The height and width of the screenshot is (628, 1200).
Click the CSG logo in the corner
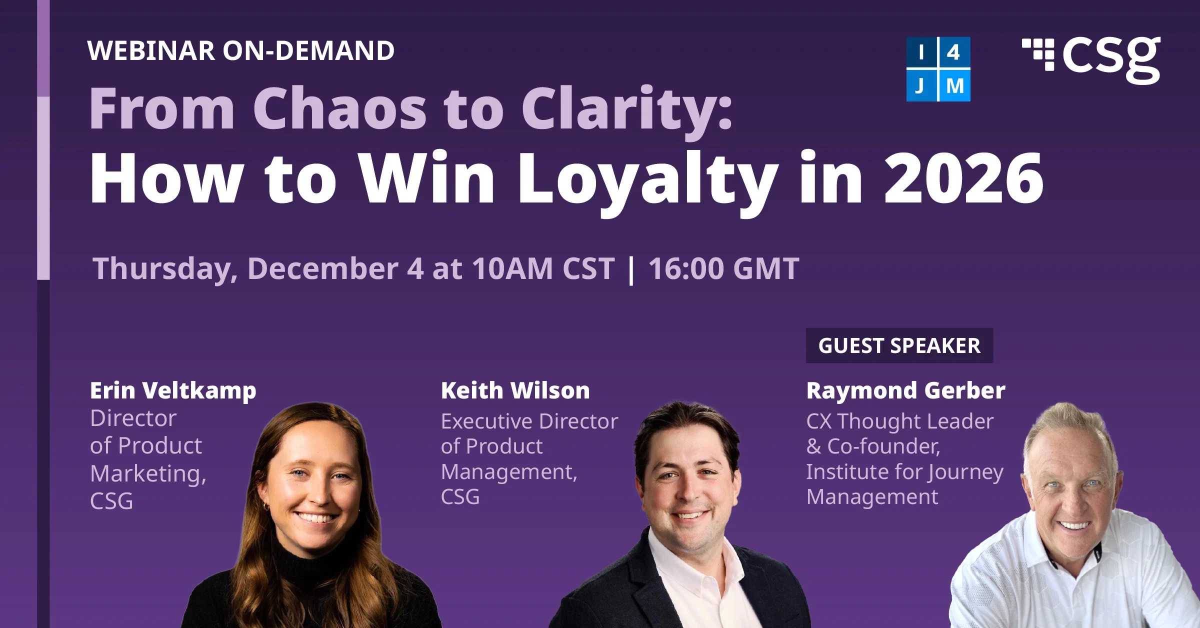[x=1091, y=59]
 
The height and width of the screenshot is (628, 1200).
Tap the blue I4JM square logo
[x=938, y=69]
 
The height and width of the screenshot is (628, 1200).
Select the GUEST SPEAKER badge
[x=899, y=345]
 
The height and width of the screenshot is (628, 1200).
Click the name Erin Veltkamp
[x=173, y=390]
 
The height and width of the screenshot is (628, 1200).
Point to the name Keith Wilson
[x=515, y=390]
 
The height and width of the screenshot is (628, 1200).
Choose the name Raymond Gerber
[x=905, y=390]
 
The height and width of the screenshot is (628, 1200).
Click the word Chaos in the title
[x=339, y=108]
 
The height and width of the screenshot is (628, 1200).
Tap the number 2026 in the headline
[x=963, y=178]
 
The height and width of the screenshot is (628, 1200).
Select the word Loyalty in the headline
[x=648, y=178]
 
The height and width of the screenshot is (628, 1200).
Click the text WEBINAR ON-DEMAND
[x=240, y=50]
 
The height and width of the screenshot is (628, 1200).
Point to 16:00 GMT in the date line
[x=723, y=268]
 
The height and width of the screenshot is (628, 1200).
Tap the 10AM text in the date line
[x=512, y=268]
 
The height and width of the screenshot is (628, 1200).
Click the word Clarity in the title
[x=626, y=108]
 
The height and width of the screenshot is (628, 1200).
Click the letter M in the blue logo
[x=954, y=86]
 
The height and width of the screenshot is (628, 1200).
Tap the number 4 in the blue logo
[x=953, y=52]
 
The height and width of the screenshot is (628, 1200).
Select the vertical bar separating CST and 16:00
[x=631, y=270]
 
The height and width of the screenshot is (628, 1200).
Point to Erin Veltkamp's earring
[x=266, y=507]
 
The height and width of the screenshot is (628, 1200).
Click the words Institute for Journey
[x=904, y=471]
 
